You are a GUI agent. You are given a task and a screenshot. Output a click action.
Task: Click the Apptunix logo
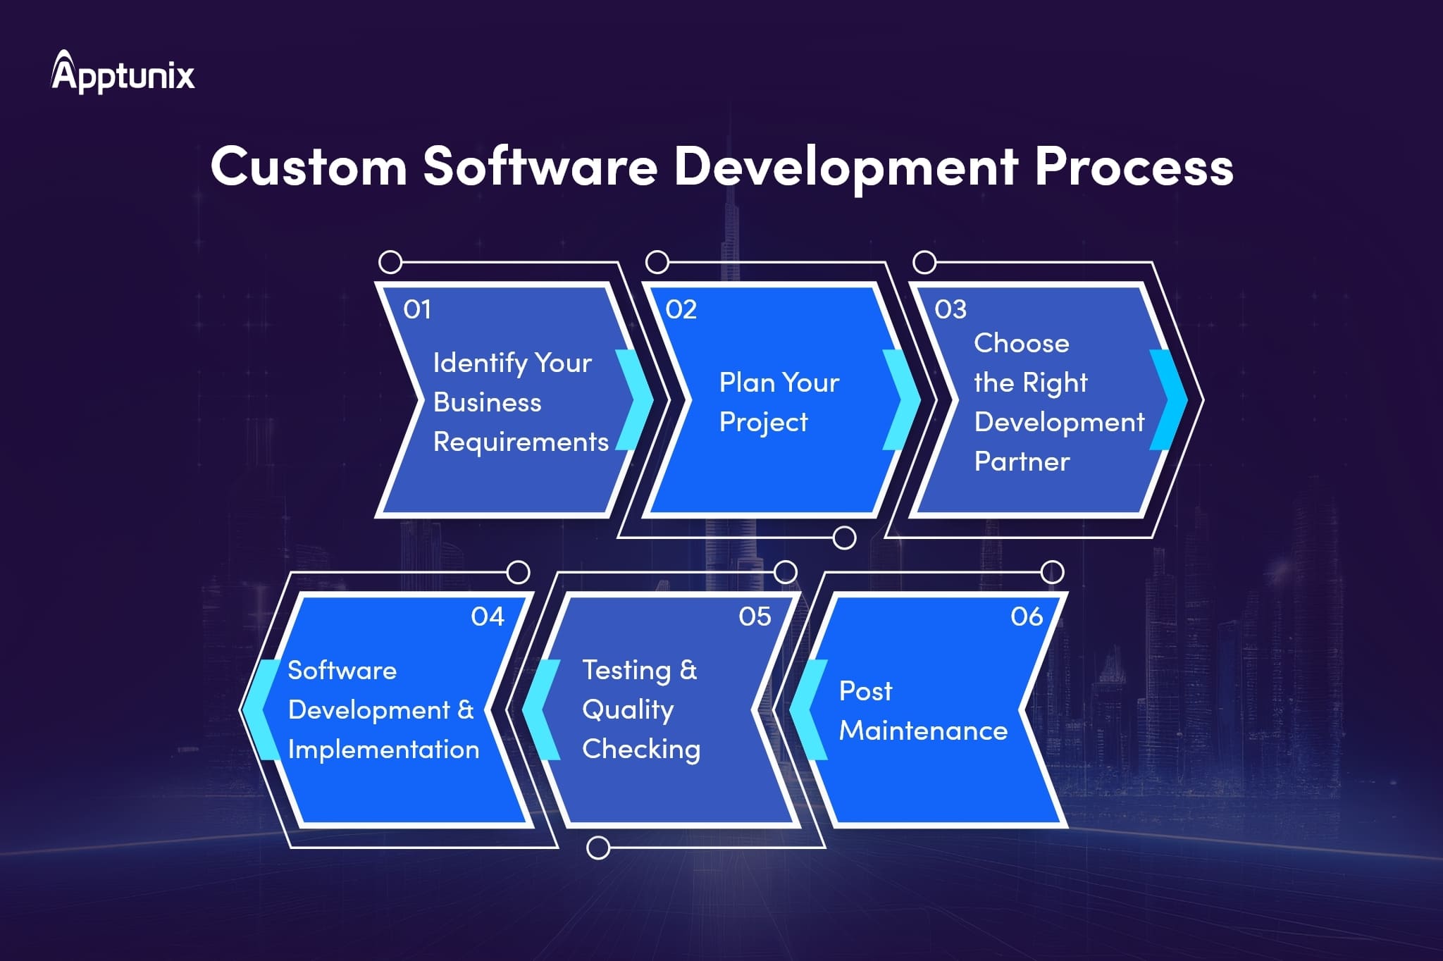click(123, 73)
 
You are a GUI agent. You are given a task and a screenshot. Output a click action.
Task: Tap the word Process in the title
click(1134, 167)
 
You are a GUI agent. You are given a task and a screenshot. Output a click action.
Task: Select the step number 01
click(417, 309)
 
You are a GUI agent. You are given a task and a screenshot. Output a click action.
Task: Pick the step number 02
click(681, 309)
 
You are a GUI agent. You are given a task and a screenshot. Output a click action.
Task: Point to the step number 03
click(950, 309)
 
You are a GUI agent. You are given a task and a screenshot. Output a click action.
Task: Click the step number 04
click(488, 617)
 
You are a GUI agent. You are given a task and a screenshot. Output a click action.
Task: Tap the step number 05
click(755, 617)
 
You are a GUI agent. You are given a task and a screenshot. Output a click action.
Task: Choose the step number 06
click(1027, 617)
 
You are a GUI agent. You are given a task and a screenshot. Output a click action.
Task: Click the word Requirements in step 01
click(521, 442)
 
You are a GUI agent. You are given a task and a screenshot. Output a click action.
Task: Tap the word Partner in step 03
click(1022, 462)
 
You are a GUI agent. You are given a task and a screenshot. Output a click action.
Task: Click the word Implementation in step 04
click(383, 750)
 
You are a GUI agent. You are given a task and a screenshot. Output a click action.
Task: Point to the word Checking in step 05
click(641, 750)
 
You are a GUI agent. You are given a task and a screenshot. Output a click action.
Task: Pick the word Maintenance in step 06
click(923, 731)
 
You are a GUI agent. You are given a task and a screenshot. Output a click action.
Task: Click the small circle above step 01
click(390, 263)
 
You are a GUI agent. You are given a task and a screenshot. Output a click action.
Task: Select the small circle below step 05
click(598, 848)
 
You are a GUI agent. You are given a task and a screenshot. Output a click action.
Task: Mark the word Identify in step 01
click(480, 364)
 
